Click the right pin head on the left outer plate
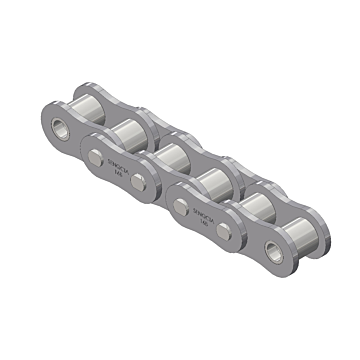[x=148, y=181]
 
